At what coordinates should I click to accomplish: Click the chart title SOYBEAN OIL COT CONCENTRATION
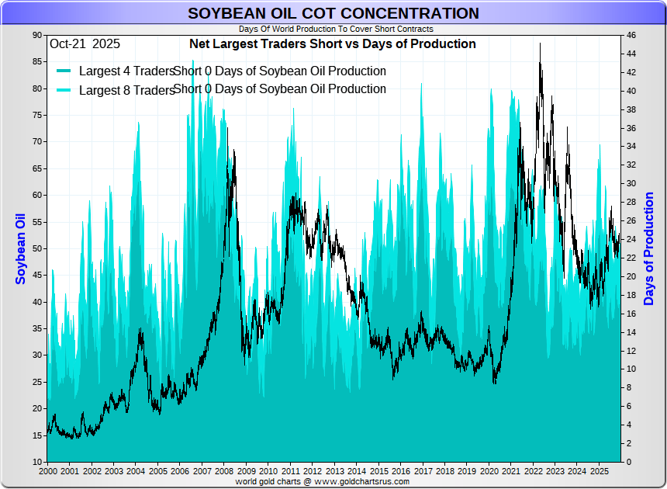click(333, 14)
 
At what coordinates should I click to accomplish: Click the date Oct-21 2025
click(85, 44)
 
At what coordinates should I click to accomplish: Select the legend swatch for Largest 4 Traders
click(64, 71)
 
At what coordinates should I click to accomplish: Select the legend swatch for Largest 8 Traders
click(64, 90)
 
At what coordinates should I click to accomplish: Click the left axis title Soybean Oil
click(21, 248)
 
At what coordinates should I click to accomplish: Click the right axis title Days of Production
click(649, 248)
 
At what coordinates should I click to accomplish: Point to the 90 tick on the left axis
click(37, 36)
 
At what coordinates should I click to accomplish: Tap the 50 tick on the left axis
click(37, 249)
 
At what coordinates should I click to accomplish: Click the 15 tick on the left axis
click(37, 435)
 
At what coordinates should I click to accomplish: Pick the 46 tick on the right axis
click(631, 36)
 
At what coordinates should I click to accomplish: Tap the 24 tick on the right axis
click(631, 240)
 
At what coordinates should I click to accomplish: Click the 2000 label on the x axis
click(48, 471)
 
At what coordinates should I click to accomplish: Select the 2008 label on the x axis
click(224, 471)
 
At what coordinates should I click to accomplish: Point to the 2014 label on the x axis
click(357, 471)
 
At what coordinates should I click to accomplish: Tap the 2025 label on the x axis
click(599, 471)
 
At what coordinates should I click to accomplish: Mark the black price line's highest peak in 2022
click(540, 43)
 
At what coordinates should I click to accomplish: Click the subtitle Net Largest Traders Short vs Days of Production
click(333, 44)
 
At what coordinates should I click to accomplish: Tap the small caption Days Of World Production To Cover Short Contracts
click(336, 29)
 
